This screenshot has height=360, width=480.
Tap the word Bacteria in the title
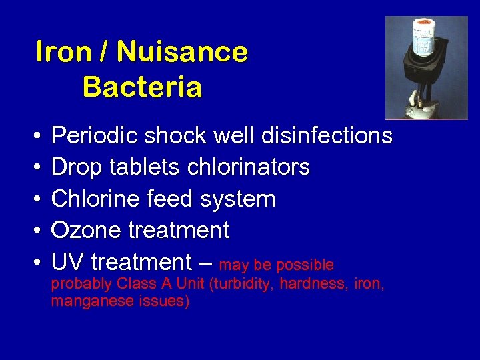142,87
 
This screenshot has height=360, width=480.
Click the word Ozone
80,231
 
